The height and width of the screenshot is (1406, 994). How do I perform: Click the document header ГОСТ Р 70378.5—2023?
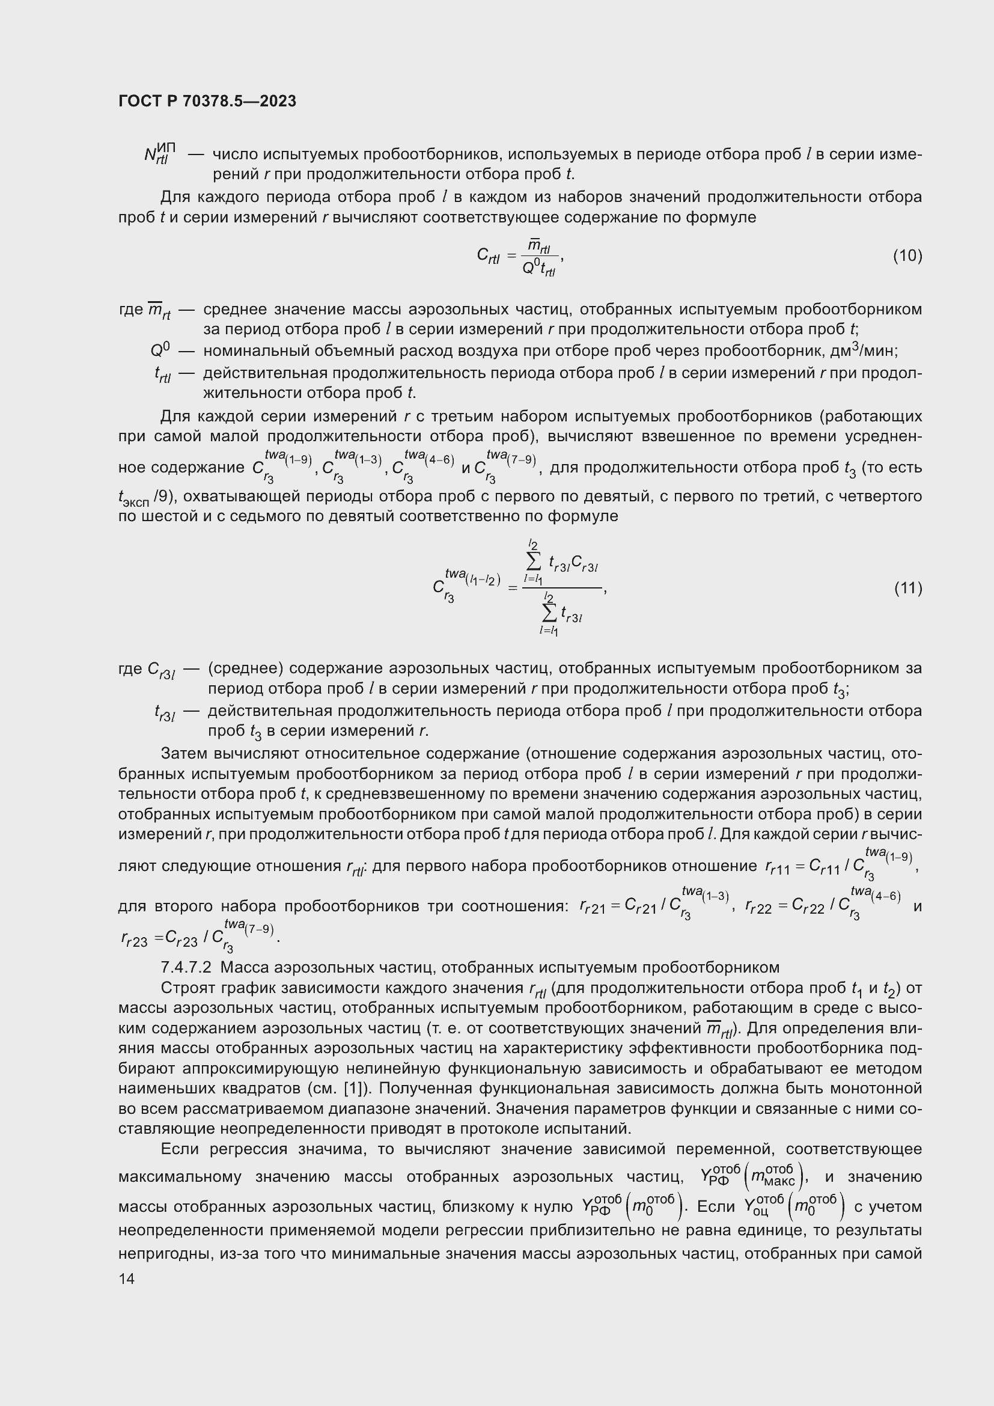[x=207, y=102]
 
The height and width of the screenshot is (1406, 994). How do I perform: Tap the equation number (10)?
[x=907, y=255]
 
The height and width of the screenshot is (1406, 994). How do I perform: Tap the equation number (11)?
[x=907, y=588]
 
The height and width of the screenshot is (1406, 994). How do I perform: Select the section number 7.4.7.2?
[x=186, y=968]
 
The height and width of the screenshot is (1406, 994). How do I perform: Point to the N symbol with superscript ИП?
[x=159, y=154]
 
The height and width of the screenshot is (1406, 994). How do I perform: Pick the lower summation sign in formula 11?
[x=549, y=613]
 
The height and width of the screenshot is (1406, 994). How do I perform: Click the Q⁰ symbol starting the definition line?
[x=160, y=350]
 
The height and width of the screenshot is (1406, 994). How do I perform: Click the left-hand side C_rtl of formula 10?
[x=488, y=256]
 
